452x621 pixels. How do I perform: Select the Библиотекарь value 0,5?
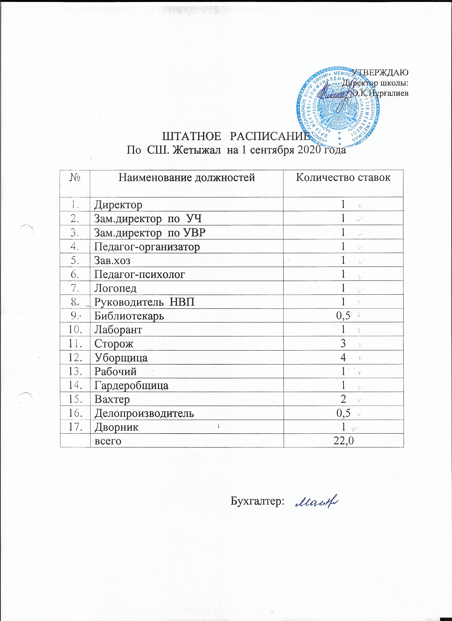343,316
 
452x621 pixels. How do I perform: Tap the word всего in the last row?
108,441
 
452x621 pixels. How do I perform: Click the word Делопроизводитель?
144,413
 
